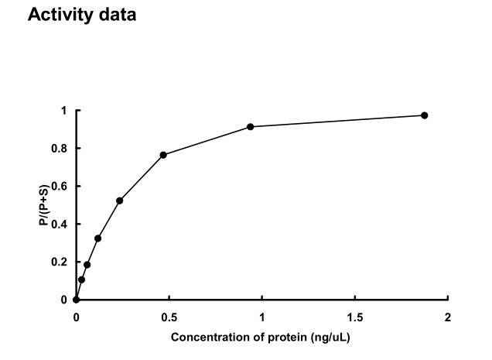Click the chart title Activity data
[x=82, y=15]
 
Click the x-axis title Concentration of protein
[x=261, y=338]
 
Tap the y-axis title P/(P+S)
[x=46, y=205]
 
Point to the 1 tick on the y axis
[x=64, y=111]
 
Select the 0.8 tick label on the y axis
[x=60, y=149]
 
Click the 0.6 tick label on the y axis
[x=60, y=187]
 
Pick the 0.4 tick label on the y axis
[x=60, y=225]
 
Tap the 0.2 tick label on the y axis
[x=60, y=262]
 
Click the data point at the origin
[x=76, y=300]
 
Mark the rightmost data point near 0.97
[x=424, y=115]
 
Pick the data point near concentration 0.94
[x=250, y=126]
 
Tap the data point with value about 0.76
[x=163, y=155]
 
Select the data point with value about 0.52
[x=119, y=201]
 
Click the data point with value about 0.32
[x=97, y=238]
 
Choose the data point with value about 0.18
[x=87, y=265]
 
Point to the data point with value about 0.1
[x=81, y=279]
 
